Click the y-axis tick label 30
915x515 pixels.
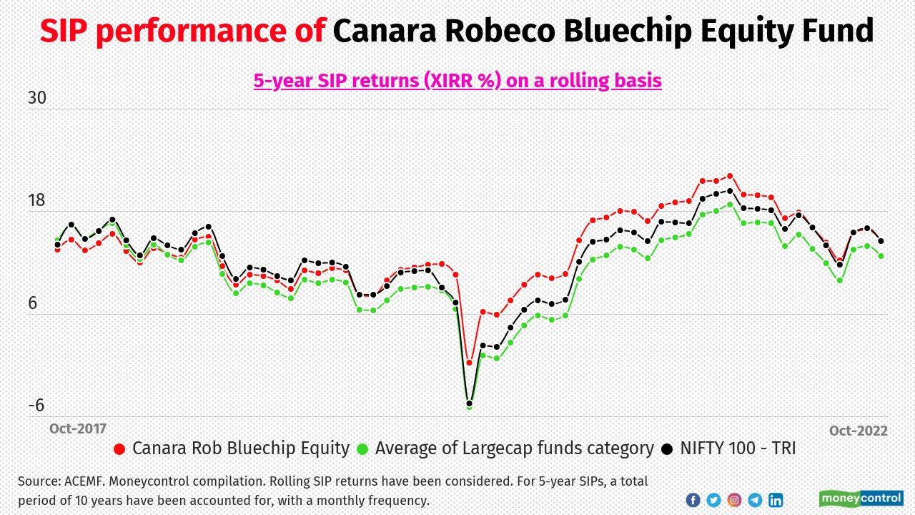(36, 98)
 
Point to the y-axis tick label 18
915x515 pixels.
(36, 200)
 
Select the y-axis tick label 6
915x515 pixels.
(32, 303)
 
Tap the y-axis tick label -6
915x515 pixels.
(36, 406)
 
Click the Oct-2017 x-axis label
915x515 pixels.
(77, 428)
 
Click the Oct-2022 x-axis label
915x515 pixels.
(858, 431)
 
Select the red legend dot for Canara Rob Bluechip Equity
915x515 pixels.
(119, 449)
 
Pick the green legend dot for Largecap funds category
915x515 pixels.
(362, 449)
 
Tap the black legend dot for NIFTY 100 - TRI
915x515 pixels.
(667, 449)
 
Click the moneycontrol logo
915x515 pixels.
(861, 499)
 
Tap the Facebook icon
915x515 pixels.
(693, 500)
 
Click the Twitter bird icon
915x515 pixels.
(713, 500)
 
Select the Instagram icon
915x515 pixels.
(734, 500)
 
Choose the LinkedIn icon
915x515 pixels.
(776, 500)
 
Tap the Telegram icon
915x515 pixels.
(755, 500)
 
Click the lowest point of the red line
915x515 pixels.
(470, 363)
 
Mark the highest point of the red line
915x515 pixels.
(730, 176)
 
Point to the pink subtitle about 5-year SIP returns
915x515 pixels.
(457, 80)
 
